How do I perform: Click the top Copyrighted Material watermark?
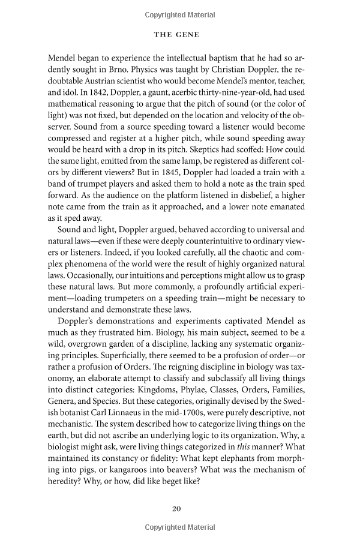[179, 12]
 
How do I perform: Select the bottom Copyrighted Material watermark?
[179, 527]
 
